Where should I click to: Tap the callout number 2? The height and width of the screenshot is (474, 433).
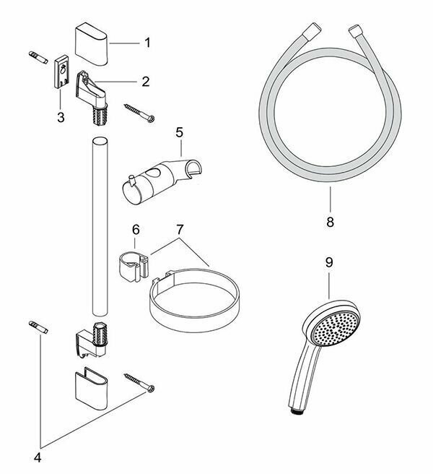145,82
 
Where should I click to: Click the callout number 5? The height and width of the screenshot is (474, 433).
180,133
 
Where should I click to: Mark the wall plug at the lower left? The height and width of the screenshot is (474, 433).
39,327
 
